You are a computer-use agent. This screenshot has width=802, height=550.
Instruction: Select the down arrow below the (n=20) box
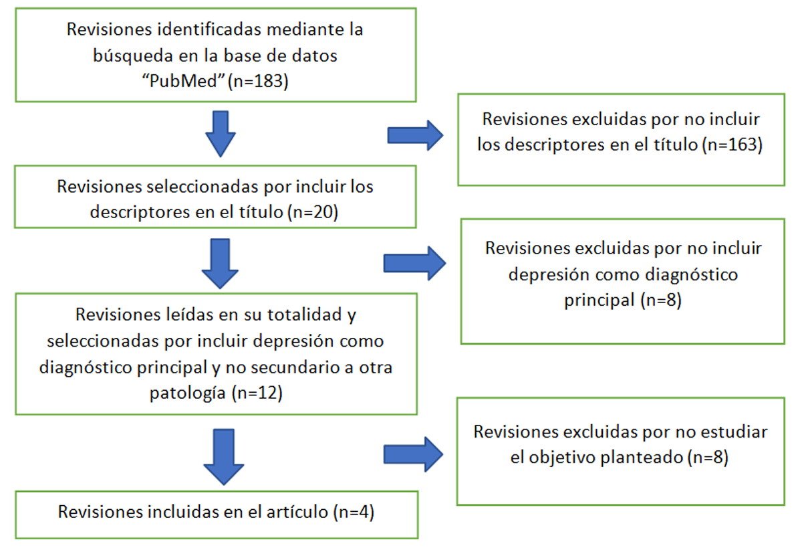coord(219,263)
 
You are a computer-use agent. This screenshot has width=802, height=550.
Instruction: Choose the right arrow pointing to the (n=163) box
coord(415,136)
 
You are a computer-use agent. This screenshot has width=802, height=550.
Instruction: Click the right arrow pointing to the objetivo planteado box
coord(413,455)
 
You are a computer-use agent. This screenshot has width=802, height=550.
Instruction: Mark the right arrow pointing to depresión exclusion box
coord(414,263)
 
